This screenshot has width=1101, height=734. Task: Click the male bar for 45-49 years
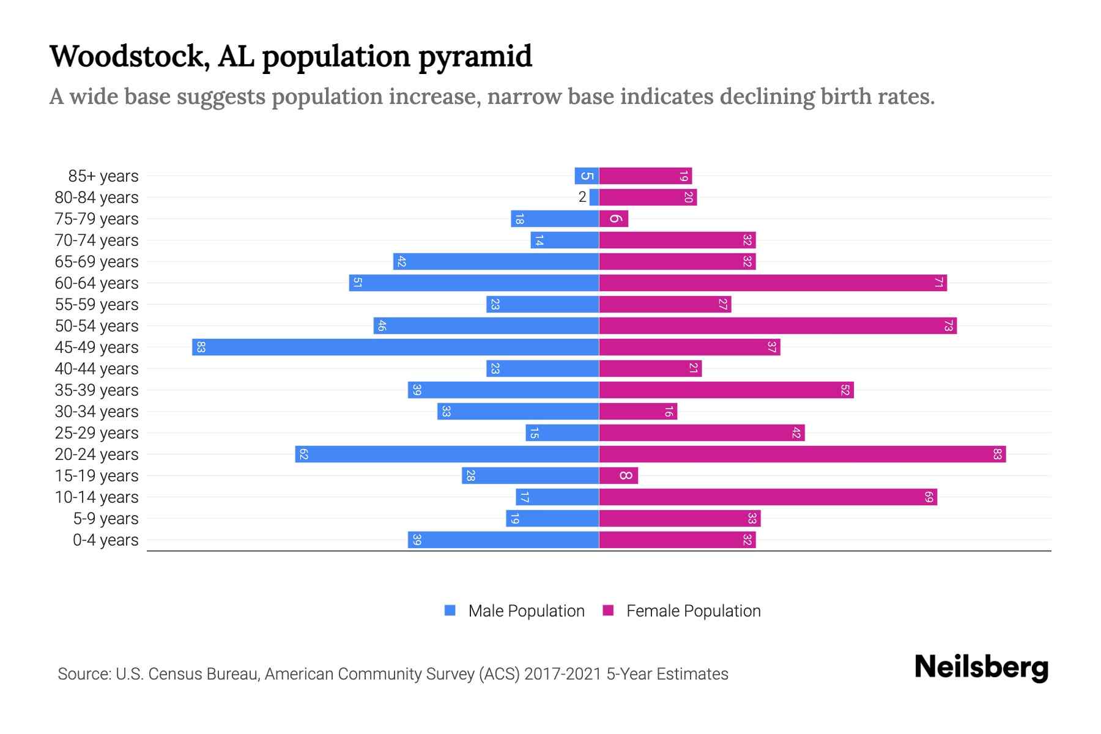[395, 347]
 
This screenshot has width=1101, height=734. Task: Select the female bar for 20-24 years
[802, 454]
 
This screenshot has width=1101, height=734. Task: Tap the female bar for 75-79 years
[614, 219]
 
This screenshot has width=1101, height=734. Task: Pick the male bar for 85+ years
[587, 176]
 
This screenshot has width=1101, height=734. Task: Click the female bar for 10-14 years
[768, 497]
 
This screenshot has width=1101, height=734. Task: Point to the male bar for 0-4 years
[503, 540]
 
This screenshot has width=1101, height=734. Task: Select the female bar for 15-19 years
[618, 476]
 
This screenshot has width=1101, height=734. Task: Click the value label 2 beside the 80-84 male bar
[582, 197]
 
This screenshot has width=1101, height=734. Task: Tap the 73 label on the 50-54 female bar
[948, 326]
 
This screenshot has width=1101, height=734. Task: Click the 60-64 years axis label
[97, 283]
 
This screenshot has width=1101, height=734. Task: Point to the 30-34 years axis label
[97, 412]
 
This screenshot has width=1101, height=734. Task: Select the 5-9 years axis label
[105, 519]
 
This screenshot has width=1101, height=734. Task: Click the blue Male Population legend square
[450, 610]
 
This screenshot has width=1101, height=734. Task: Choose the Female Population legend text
[693, 611]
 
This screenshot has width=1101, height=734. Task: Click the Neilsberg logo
[981, 667]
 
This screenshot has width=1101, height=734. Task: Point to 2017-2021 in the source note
[563, 674]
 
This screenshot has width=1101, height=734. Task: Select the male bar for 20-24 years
[447, 454]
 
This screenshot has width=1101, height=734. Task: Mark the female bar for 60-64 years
[773, 283]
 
